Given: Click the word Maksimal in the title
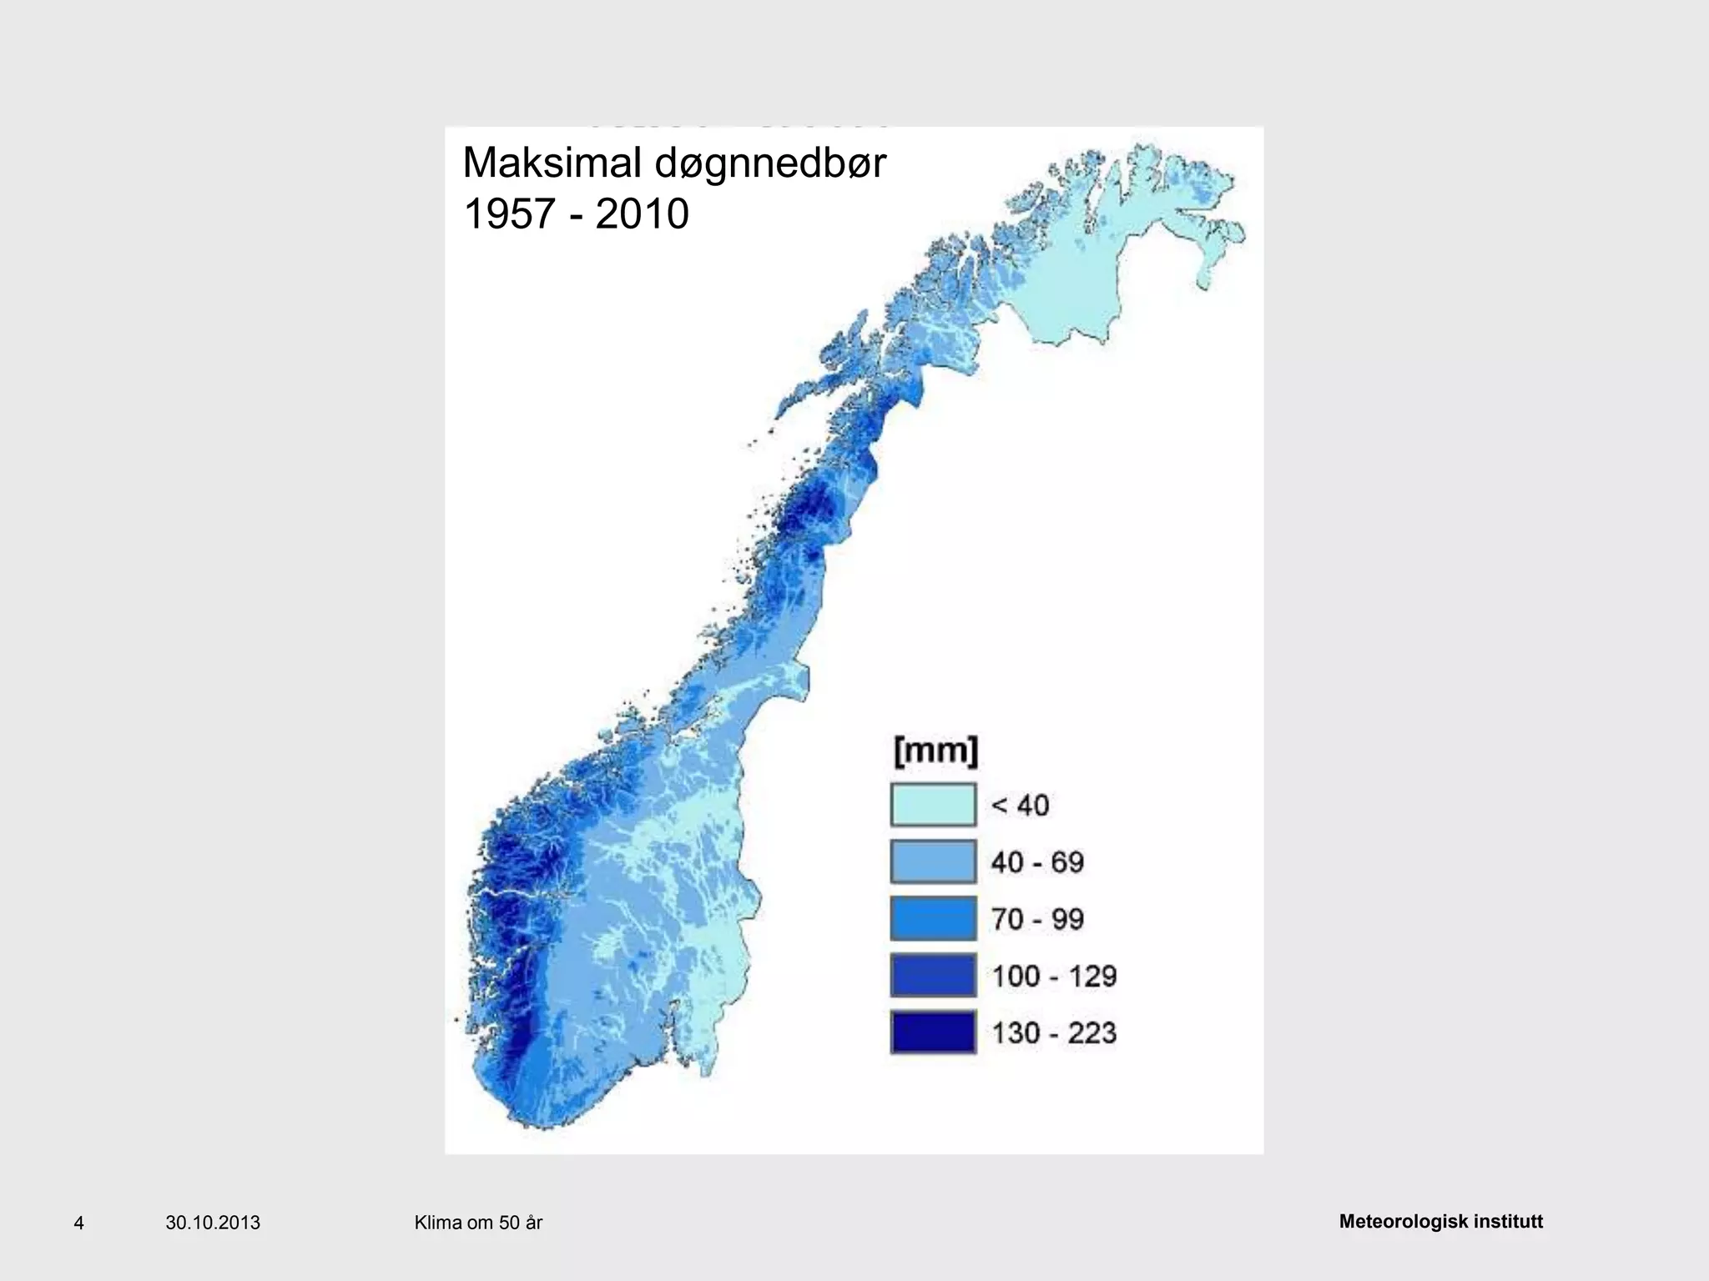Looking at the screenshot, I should click(553, 163).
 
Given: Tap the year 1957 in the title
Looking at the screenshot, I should click(509, 214).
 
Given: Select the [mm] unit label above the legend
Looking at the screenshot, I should click(935, 751).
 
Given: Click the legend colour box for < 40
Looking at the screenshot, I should click(933, 805).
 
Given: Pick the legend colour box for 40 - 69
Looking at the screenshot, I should click(933, 862).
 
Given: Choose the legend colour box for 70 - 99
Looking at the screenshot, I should click(933, 919).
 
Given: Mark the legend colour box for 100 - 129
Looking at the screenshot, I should click(933, 976).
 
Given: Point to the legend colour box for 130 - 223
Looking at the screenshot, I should click(933, 1032).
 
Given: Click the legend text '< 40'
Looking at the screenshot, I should click(1020, 806).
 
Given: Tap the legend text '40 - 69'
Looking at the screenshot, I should click(1037, 862).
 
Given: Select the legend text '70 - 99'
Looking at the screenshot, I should click(1037, 919).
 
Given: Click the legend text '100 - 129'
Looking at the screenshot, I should click(1054, 976).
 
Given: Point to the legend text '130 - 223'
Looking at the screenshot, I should click(1054, 1033).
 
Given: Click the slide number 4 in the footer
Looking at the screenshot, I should click(79, 1223).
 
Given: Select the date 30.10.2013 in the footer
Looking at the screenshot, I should click(213, 1223).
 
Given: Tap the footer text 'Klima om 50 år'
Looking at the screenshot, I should click(478, 1223).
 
